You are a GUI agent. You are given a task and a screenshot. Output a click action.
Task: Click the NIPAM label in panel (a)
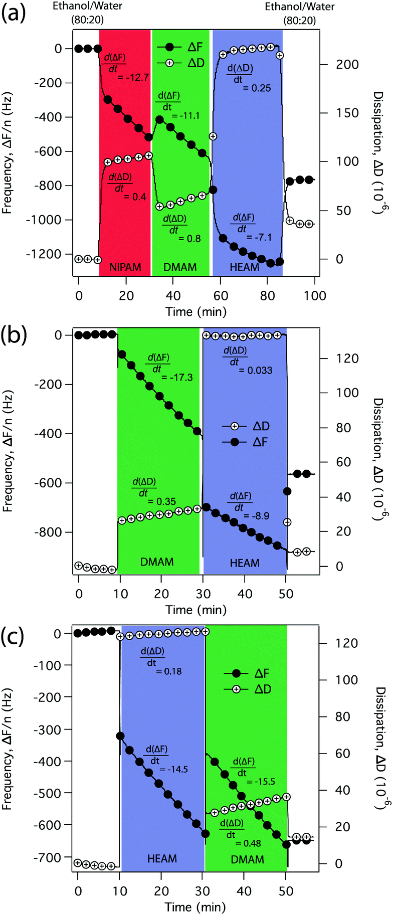125,267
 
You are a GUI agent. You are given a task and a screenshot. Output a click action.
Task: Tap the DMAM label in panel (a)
180,267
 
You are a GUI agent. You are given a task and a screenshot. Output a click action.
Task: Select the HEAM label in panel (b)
245,563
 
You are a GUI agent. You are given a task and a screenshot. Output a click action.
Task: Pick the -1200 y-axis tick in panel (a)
47,254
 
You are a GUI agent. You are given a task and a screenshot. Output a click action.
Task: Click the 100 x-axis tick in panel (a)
315,295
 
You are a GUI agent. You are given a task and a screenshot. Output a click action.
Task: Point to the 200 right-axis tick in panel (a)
347,65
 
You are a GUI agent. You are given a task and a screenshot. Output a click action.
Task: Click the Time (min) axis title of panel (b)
196,610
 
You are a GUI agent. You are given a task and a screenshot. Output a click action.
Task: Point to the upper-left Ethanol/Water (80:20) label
88,13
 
